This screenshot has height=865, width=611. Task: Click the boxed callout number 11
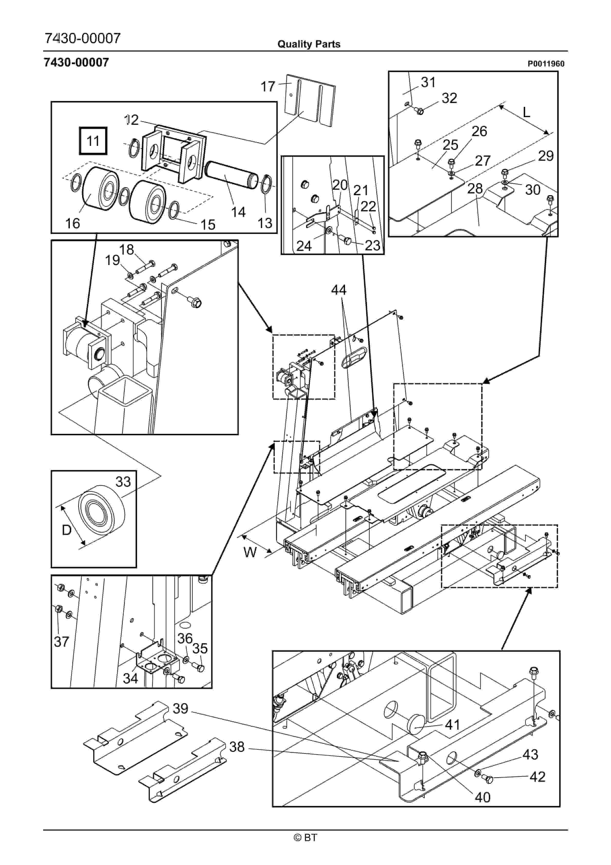click(93, 141)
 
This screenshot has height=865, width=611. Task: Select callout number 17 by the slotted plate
click(268, 87)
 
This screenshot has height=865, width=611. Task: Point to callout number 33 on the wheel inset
click(123, 482)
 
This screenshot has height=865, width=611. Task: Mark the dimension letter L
click(526, 112)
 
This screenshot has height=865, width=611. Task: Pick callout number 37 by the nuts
click(61, 641)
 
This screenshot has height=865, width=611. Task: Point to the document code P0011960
click(546, 64)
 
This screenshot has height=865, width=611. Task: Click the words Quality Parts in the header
click(309, 44)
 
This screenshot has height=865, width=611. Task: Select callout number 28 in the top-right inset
click(475, 188)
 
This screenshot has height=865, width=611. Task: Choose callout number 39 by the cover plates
click(180, 708)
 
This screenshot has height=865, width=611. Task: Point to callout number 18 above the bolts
click(126, 249)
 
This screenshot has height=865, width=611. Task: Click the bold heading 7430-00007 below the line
click(77, 62)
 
